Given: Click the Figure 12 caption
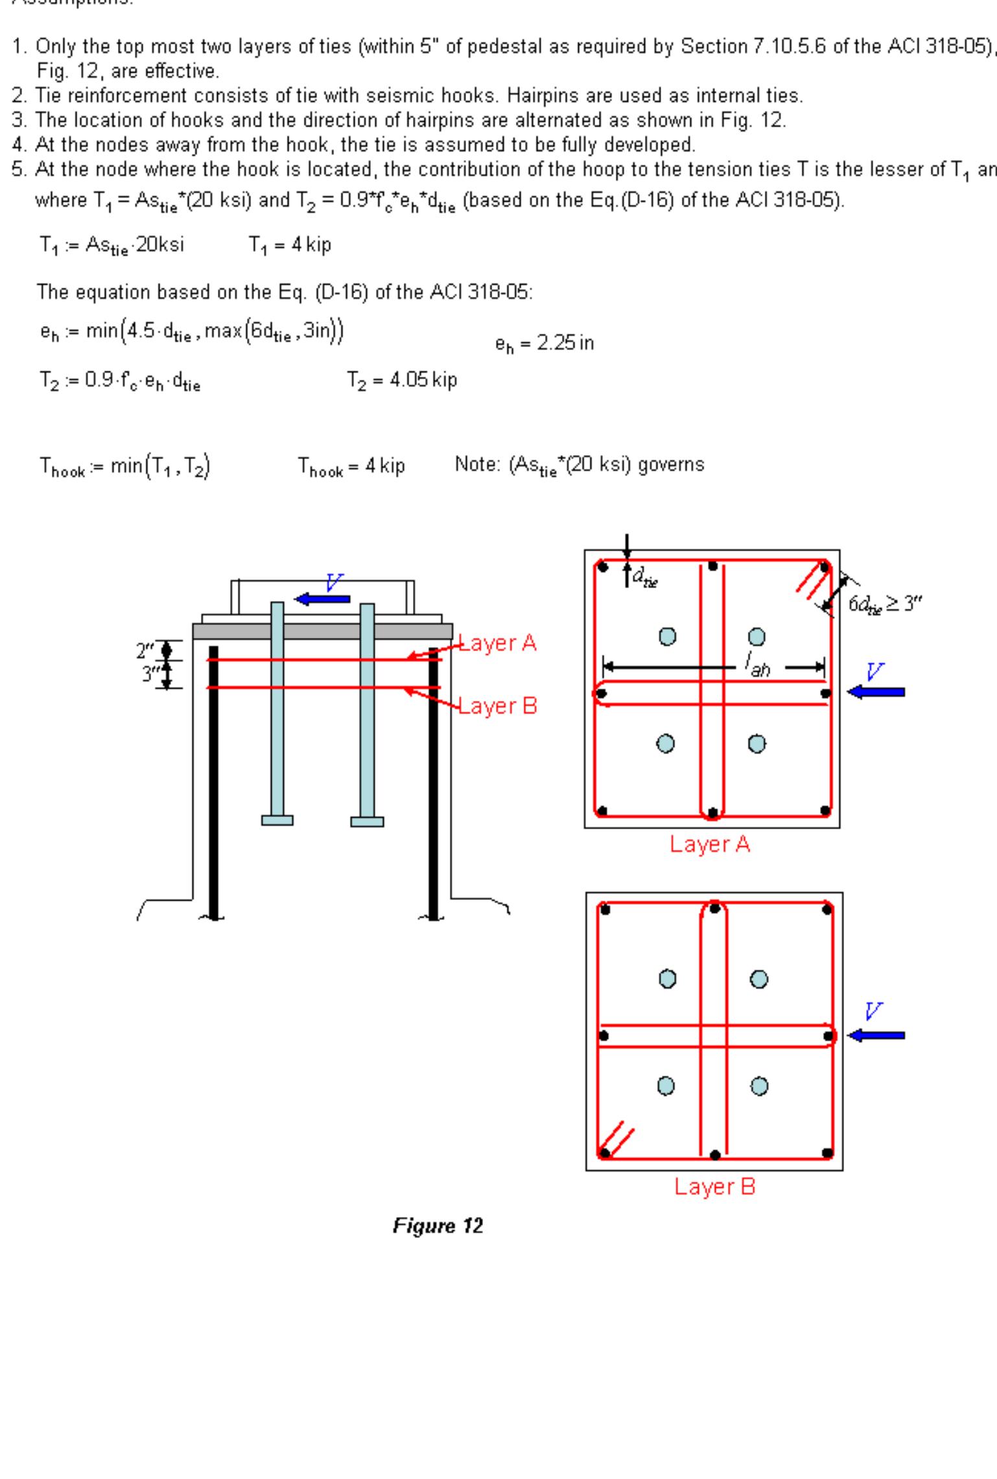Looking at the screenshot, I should (438, 1226).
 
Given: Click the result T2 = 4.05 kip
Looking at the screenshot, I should (401, 381).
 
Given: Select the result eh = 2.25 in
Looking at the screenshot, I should (544, 343).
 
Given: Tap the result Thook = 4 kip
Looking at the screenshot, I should (351, 466).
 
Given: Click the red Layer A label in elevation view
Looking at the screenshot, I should (498, 643).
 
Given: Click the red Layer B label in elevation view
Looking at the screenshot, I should (498, 705).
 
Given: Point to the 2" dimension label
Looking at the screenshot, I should (144, 650).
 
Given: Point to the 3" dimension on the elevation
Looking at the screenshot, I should (149, 674).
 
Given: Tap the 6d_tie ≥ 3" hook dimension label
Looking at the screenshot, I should (884, 604).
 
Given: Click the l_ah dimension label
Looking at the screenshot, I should (757, 665).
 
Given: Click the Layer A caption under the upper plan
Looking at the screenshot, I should (710, 844).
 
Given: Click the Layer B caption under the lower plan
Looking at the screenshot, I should (714, 1187).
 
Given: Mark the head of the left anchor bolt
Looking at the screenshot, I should (277, 820).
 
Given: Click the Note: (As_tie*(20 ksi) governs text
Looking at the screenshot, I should (579, 465).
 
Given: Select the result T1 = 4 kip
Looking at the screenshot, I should (290, 245).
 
